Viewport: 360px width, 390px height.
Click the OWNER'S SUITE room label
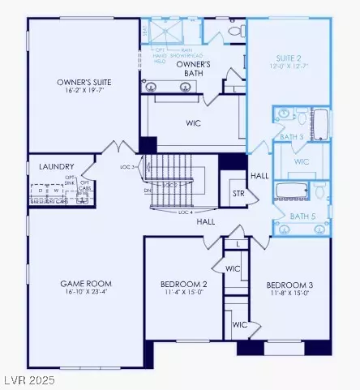click(84, 82)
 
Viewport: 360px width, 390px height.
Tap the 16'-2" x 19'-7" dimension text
click(84, 92)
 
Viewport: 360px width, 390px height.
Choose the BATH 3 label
click(289, 137)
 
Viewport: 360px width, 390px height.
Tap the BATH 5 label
click(302, 216)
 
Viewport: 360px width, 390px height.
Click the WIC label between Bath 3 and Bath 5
click(302, 161)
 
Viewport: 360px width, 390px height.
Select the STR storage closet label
click(238, 194)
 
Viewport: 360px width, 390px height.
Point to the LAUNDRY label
click(56, 166)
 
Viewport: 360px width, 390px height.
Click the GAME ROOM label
click(84, 284)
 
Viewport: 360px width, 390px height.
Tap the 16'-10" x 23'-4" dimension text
click(84, 294)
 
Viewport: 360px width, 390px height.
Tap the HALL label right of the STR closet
click(259, 175)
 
